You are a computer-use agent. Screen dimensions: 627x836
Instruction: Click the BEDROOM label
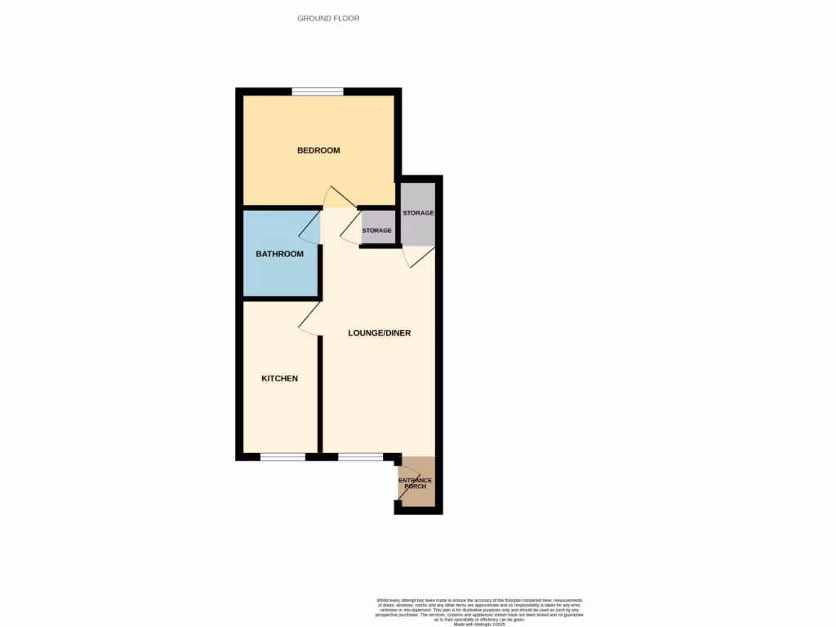coord(318,150)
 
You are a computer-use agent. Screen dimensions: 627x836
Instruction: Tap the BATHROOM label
coord(280,254)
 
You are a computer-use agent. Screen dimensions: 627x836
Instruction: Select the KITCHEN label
coord(279,379)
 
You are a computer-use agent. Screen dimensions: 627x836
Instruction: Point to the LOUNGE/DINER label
coord(379,333)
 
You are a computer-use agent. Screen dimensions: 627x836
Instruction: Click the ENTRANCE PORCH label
coord(416,483)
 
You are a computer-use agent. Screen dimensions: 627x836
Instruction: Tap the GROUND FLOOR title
coord(328,18)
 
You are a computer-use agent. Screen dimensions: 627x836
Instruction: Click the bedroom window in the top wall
coord(318,91)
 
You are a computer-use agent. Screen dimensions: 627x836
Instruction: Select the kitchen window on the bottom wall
coord(282,456)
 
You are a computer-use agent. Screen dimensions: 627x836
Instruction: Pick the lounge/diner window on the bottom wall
coord(360,456)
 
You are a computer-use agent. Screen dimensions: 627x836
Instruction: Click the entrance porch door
coord(408,483)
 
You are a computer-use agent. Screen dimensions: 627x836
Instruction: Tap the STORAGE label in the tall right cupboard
coord(418,213)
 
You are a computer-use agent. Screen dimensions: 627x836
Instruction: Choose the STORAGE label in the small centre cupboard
coord(377,231)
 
